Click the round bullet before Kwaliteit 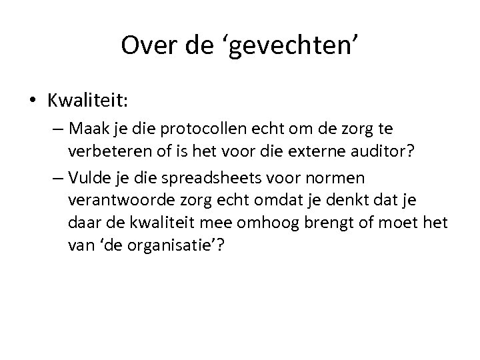tap(33, 101)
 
